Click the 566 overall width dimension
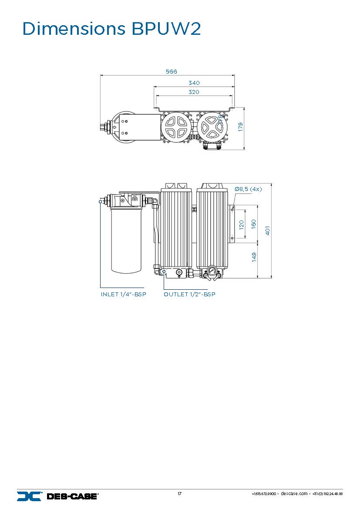click(171, 71)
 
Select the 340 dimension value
click(194, 83)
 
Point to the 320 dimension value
click(194, 92)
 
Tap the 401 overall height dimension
click(268, 230)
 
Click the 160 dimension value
click(254, 223)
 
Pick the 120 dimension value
click(242, 224)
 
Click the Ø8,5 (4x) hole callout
click(248, 189)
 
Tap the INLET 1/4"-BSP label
click(124, 295)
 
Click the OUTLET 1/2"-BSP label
click(189, 295)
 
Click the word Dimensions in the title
click(73, 29)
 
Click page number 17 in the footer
click(179, 493)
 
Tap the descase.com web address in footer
click(294, 494)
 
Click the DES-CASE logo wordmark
click(72, 496)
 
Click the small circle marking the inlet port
click(101, 201)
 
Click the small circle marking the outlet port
click(164, 271)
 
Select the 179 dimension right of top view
click(240, 127)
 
